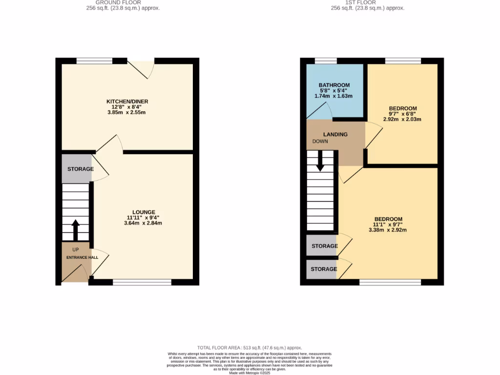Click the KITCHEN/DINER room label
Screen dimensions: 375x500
click(x=127, y=102)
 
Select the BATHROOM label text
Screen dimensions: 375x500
click(x=334, y=85)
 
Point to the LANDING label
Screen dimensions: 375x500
click(x=335, y=134)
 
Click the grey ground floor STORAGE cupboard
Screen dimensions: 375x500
click(x=77, y=169)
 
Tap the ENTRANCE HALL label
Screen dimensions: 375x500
click(x=82, y=257)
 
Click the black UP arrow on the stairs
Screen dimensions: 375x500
click(x=76, y=230)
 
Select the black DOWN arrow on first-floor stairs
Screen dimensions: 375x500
click(x=320, y=161)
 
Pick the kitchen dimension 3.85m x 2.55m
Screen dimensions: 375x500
click(x=127, y=113)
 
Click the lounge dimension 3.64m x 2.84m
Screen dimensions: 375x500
click(x=142, y=223)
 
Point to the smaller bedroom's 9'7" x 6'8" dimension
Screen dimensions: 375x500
click(x=403, y=114)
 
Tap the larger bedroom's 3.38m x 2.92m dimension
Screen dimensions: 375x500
click(x=388, y=230)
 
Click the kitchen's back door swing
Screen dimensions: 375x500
click(x=142, y=68)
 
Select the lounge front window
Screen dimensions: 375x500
click(x=142, y=282)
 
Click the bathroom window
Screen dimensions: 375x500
click(x=326, y=61)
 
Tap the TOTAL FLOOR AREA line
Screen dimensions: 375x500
click(x=250, y=347)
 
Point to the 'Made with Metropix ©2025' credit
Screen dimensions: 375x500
click(x=250, y=373)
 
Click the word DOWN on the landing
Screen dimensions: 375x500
click(x=320, y=142)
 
